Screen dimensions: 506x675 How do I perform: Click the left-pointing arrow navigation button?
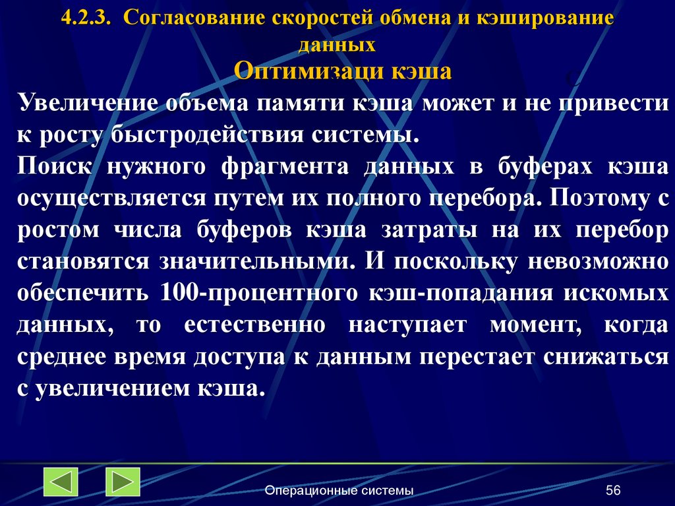pyautogui.click(x=61, y=482)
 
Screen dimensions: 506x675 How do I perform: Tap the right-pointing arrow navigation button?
pyautogui.click(x=123, y=482)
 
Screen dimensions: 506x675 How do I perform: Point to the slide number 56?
pyautogui.click(x=613, y=490)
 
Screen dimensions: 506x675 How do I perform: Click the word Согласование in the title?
pyautogui.click(x=191, y=18)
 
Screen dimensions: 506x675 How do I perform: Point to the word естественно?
pyautogui.click(x=255, y=325)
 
